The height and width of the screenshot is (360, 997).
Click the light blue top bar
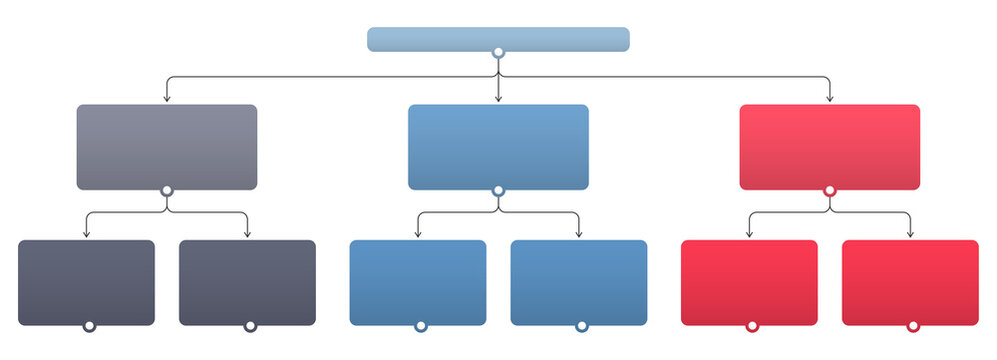coord(498,38)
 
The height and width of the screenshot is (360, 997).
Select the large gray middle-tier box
coord(167,146)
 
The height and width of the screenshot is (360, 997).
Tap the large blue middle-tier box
coord(498,146)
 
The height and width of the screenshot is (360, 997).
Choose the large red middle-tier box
coord(829,146)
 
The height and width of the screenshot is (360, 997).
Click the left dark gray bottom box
coord(87,282)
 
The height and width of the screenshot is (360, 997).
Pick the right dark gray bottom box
coord(247,282)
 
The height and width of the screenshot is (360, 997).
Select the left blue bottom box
coord(418,282)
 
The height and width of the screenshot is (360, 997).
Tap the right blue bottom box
coord(579,282)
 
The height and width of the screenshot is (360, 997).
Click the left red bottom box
coord(749,282)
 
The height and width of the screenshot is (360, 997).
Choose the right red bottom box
coord(910,282)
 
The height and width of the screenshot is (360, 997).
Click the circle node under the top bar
coord(498,52)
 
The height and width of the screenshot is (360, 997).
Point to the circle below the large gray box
coord(167,190)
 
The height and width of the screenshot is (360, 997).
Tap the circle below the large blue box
coord(498,190)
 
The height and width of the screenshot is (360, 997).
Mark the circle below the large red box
coord(829,190)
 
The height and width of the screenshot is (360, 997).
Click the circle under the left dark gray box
coord(88,326)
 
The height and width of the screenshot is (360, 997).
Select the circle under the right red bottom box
coord(912,326)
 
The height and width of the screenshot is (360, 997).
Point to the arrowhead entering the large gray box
coord(167,99)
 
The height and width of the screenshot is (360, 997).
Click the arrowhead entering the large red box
coord(830,99)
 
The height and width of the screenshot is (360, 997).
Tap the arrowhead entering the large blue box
coord(498,99)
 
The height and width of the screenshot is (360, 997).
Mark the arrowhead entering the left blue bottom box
coord(418,234)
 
